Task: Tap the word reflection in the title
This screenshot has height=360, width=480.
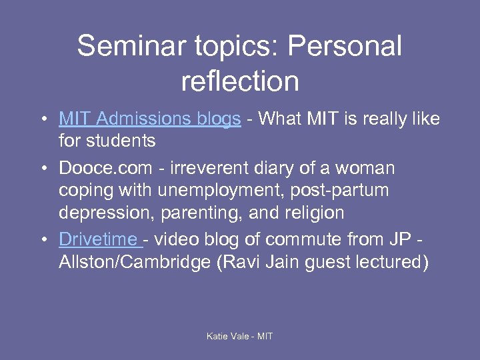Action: click(240, 81)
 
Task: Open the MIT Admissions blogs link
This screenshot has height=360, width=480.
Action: click(150, 119)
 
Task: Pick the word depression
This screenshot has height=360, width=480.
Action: click(101, 213)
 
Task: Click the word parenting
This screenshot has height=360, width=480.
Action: click(201, 213)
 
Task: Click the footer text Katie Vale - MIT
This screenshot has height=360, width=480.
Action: click(240, 336)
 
